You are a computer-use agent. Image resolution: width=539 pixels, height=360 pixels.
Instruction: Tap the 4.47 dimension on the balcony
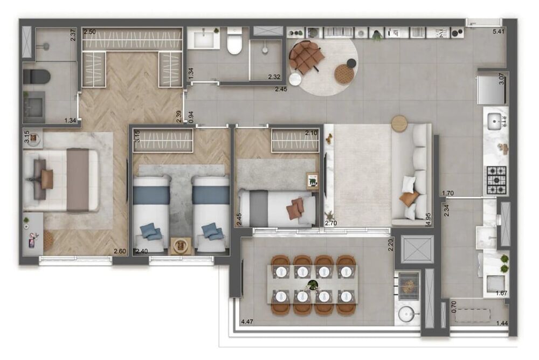(247, 322)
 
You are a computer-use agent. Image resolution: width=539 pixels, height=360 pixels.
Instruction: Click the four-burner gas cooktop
(496, 180)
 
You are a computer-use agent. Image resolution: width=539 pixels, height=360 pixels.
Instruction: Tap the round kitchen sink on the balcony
(405, 313)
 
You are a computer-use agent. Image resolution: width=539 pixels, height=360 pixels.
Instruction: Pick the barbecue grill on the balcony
(408, 282)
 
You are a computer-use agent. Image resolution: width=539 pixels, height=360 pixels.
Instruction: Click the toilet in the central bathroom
(234, 43)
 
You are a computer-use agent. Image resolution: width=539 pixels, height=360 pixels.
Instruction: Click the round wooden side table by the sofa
(399, 123)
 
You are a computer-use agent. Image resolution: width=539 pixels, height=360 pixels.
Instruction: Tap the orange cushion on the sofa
(408, 199)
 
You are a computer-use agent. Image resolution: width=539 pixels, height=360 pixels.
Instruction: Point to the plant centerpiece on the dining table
(313, 284)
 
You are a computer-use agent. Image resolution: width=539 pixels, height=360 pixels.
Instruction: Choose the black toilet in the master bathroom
(37, 76)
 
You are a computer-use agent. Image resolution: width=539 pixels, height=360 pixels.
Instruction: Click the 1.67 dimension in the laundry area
(501, 293)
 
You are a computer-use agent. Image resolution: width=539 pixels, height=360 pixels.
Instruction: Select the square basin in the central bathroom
(204, 39)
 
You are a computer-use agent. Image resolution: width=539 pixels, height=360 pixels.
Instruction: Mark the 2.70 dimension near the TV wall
(330, 221)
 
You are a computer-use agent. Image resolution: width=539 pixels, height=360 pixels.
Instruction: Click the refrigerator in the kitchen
(492, 89)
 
